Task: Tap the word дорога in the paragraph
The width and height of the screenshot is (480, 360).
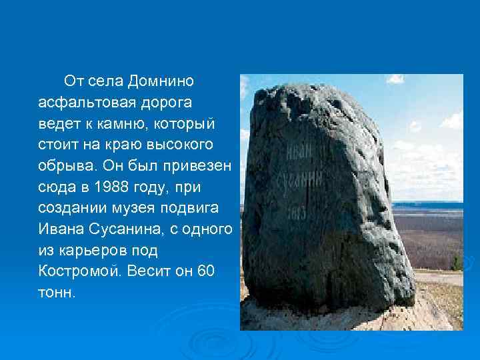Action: tap(163, 103)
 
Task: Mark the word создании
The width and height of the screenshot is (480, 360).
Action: tap(69, 209)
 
